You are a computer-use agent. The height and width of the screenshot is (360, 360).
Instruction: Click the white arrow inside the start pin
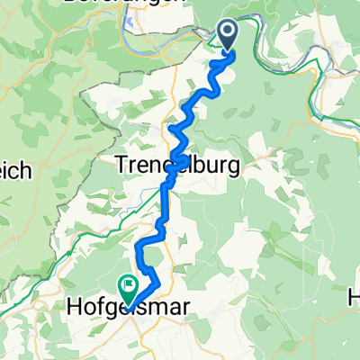coord(225,33)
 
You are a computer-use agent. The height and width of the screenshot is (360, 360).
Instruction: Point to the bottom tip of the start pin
coord(225,50)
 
